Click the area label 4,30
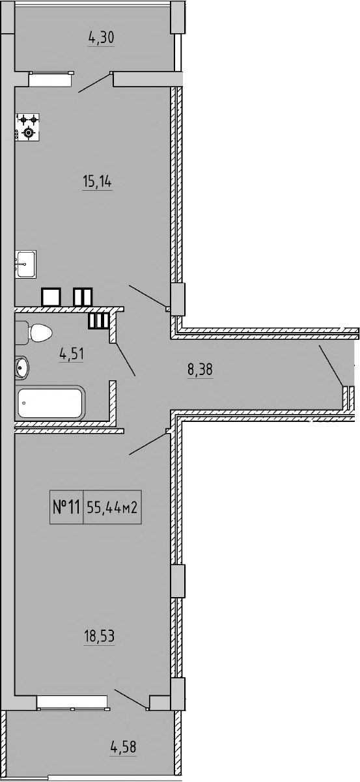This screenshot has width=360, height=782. click(102, 38)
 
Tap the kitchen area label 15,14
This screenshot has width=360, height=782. click(97, 182)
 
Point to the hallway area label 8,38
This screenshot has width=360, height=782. click(200, 370)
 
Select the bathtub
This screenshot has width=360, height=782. click(49, 403)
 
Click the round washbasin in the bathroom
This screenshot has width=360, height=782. click(21, 368)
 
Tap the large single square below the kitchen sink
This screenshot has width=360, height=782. click(51, 297)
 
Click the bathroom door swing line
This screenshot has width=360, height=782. click(126, 359)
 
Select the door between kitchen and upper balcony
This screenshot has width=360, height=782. click(94, 83)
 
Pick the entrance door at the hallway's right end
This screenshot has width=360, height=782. click(331, 367)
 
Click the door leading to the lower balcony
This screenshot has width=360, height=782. click(130, 699)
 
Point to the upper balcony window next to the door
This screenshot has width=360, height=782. click(49, 79)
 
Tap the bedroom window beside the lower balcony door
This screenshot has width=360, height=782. click(72, 702)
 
